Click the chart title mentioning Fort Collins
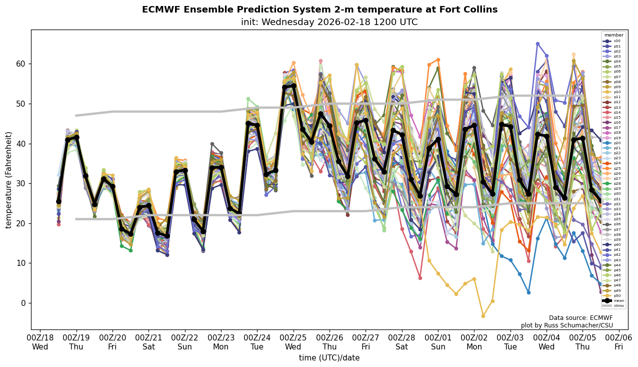tap(319, 10)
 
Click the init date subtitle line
tap(329, 22)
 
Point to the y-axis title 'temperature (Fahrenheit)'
tap(9, 180)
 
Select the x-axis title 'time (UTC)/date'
tap(329, 357)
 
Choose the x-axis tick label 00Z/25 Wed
tap(293, 342)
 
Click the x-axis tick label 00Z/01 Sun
tap(438, 342)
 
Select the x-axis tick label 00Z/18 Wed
tap(40, 342)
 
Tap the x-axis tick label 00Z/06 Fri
tap(619, 342)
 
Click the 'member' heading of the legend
tap(613, 35)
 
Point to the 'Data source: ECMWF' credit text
tap(580, 318)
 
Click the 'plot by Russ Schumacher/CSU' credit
tap(566, 325)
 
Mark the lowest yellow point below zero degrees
tap(483, 316)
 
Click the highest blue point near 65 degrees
tap(537, 44)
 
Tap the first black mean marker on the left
tap(58, 201)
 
